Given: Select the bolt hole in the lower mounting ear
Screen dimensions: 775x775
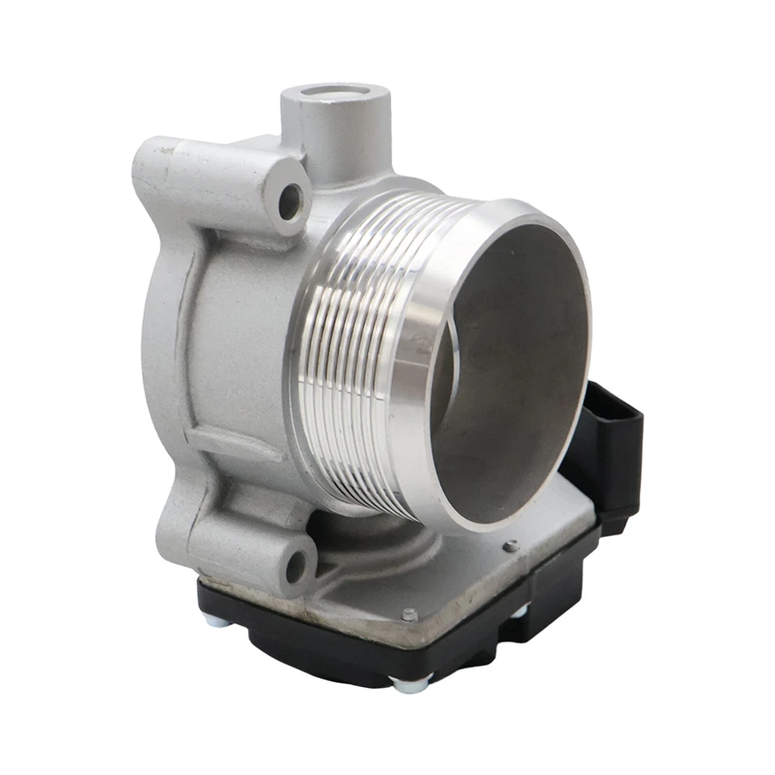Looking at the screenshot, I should pyautogui.click(x=296, y=566).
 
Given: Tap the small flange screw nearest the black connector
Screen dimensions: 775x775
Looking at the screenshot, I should pyautogui.click(x=510, y=546).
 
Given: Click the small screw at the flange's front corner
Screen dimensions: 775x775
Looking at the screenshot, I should pyautogui.click(x=409, y=614).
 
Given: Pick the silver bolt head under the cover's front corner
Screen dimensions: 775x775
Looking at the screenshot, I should pyautogui.click(x=402, y=685).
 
